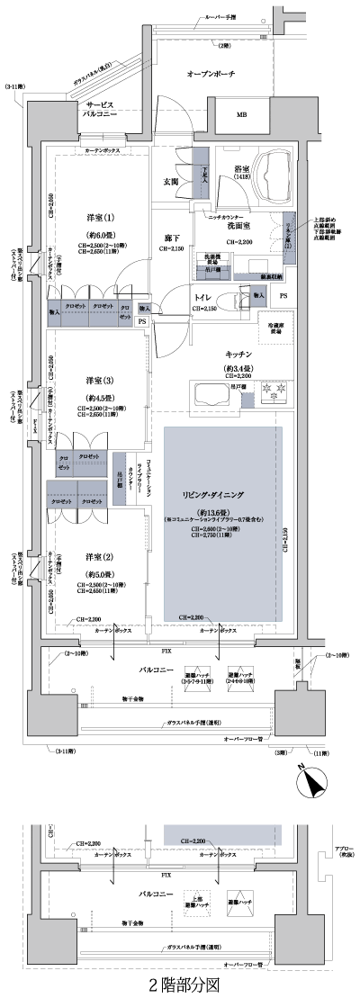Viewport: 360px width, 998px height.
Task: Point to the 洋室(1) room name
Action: point(101,218)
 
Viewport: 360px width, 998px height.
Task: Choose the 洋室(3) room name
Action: point(101,380)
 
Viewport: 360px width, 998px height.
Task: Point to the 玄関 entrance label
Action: point(170,182)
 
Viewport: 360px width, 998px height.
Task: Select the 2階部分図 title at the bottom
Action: point(181,985)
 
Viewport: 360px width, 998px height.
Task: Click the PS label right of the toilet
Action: point(283,294)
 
